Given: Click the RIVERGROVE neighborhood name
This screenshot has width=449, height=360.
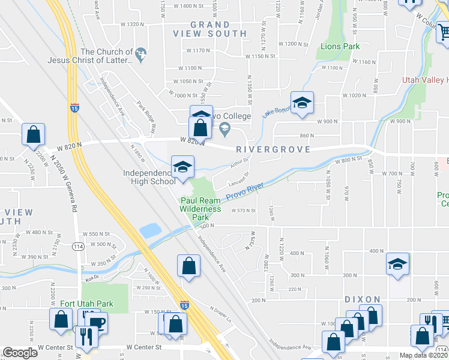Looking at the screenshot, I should [273, 149].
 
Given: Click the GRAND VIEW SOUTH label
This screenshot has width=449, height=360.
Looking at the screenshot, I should [210, 29].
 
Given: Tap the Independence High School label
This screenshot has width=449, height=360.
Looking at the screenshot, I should [149, 177].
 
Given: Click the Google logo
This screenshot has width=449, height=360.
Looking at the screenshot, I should [20, 353].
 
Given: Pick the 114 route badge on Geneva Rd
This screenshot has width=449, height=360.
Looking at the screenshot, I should [78, 247].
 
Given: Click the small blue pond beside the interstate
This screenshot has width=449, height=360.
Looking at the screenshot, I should [149, 230].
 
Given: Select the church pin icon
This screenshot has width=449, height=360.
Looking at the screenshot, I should [140, 55].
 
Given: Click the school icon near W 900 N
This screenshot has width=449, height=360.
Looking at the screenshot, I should [303, 103].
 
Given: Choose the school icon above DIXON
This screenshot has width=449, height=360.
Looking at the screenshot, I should [397, 265].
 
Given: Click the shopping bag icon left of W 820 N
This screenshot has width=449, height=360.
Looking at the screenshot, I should [34, 135].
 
